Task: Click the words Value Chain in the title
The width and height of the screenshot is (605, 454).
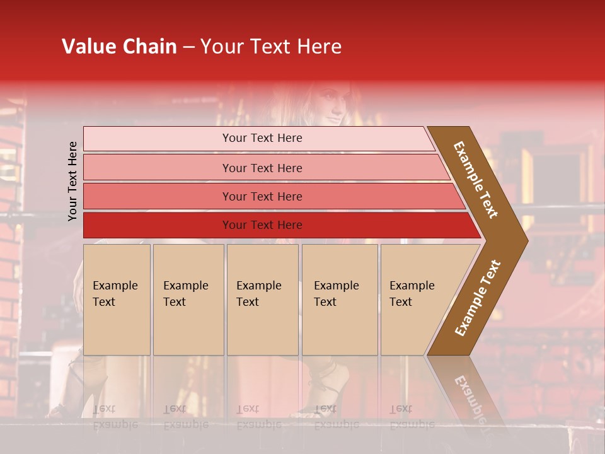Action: point(119,47)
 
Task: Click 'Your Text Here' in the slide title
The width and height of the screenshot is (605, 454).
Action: point(271,47)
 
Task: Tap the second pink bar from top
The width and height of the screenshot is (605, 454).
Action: point(262,168)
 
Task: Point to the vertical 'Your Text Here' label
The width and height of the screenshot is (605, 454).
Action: point(72,181)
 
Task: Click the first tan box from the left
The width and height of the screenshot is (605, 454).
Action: point(117,300)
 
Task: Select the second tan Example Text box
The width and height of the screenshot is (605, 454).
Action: point(188,300)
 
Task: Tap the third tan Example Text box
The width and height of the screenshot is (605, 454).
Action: point(262,300)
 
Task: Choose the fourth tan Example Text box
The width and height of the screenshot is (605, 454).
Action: point(339,300)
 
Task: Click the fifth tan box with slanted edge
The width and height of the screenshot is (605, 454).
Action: point(416,300)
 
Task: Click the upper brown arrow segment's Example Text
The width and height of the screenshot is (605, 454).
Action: point(476,180)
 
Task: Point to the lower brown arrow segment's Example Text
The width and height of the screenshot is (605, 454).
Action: point(478,298)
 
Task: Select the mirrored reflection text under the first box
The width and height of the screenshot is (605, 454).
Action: point(115,417)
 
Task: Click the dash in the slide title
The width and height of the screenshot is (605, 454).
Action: point(188,47)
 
